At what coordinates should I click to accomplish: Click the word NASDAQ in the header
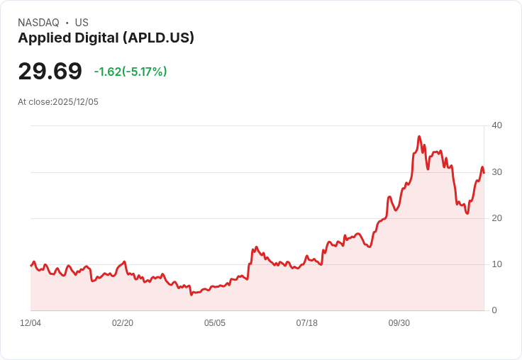click(38, 23)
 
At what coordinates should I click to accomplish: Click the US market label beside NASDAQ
click(82, 23)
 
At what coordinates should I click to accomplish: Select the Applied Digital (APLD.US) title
click(106, 38)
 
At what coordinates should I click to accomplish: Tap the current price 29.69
click(50, 72)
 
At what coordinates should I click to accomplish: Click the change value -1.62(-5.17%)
click(130, 72)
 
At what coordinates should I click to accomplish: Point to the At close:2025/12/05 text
click(58, 102)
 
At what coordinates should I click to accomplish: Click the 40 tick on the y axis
click(497, 125)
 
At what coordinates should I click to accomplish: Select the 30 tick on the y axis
click(497, 172)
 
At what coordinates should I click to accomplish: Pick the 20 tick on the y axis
click(497, 218)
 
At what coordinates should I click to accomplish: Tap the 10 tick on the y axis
click(497, 264)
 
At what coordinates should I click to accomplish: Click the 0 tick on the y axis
click(494, 310)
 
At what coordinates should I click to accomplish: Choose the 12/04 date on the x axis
click(30, 323)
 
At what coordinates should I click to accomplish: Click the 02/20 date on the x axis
click(123, 323)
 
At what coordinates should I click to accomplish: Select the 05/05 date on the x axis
click(215, 323)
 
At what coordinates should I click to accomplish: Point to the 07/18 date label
click(307, 323)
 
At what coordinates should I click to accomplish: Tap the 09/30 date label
click(399, 323)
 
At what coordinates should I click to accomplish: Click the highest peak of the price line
click(419, 136)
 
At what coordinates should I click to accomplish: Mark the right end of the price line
click(484, 173)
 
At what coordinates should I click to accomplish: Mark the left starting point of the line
click(30, 266)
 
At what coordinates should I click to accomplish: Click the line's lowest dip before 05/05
click(191, 293)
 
